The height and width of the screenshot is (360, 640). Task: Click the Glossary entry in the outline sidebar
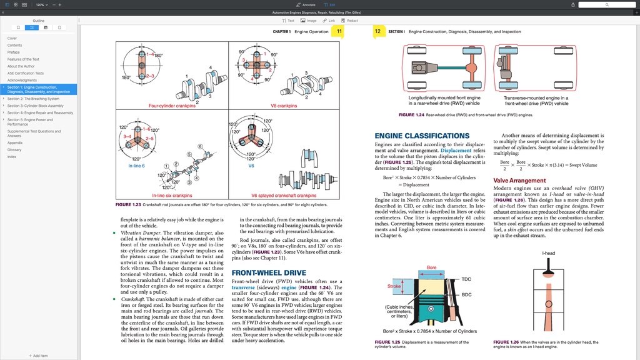(14, 150)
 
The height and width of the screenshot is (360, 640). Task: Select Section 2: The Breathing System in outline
(33, 99)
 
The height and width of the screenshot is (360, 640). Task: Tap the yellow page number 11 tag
(338, 31)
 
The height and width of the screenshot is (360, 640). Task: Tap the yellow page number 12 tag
(377, 31)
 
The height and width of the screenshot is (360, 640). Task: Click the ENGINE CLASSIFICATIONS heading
(422, 136)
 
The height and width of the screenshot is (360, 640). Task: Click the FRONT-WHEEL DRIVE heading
(269, 273)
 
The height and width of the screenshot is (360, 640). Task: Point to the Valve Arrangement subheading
(519, 181)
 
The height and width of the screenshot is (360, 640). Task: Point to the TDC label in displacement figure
(466, 279)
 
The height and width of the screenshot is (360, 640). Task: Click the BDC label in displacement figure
(466, 294)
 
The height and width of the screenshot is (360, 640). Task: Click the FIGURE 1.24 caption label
(411, 115)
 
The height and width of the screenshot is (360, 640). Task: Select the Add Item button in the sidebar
(39, 356)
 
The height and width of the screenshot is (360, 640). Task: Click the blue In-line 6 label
(136, 166)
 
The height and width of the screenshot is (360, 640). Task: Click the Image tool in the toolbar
(309, 21)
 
